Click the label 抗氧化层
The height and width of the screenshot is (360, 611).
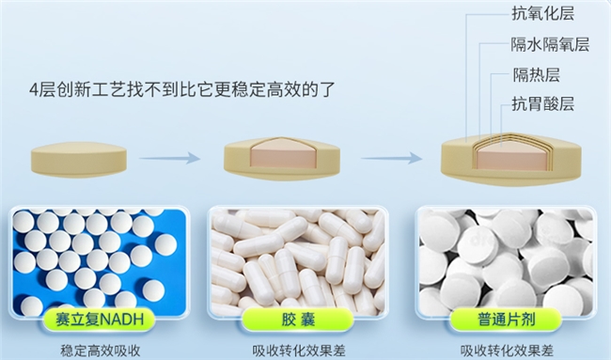click(542, 14)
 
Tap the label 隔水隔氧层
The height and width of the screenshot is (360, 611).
click(550, 44)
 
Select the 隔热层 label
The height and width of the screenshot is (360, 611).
click(536, 75)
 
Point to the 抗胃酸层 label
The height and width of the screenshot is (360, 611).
click(542, 104)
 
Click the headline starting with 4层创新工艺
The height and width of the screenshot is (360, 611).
click(182, 89)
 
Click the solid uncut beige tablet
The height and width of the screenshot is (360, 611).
click(79, 160)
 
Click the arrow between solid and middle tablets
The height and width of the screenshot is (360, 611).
click(169, 158)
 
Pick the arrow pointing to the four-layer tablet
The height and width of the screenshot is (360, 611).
click(391, 158)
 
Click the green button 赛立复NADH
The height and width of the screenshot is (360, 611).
click(100, 320)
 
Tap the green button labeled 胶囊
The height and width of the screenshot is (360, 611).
click(298, 320)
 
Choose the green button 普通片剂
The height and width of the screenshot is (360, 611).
click(506, 320)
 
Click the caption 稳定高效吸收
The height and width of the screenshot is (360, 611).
click(101, 351)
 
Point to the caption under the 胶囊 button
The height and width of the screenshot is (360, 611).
click(299, 351)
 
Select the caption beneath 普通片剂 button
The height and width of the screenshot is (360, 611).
click(507, 351)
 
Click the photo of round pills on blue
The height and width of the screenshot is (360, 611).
click(100, 262)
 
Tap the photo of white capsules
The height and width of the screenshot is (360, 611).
click(298, 261)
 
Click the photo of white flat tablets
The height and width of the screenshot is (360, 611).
click(506, 262)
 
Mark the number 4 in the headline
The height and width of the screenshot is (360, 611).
click(34, 90)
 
